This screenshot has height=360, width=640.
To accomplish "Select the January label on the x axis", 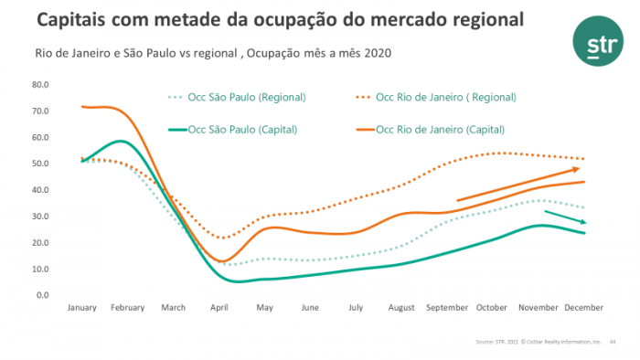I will click(x=82, y=308).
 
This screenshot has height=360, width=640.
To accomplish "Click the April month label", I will click(x=219, y=308).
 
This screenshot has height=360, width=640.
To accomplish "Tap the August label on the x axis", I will click(x=401, y=308).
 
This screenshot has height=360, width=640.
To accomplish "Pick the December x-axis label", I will click(x=583, y=308).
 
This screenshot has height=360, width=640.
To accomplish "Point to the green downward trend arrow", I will click(x=566, y=217).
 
